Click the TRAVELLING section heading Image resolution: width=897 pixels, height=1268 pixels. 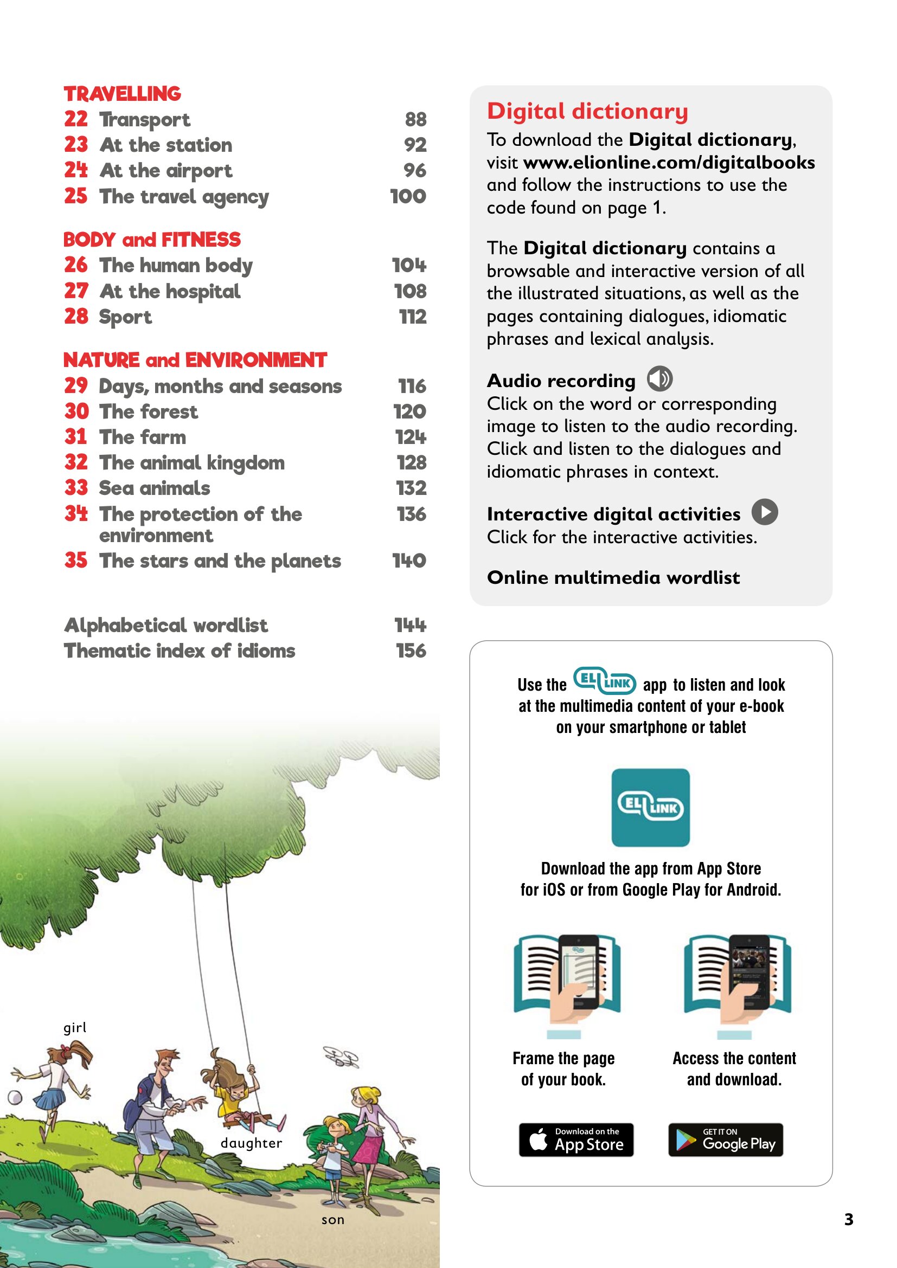click(122, 94)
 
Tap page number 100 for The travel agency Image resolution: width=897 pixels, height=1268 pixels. click(408, 196)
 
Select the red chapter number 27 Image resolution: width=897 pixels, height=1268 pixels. click(76, 291)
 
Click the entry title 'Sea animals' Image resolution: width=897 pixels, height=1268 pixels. click(155, 488)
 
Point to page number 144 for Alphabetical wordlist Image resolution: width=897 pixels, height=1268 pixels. click(410, 625)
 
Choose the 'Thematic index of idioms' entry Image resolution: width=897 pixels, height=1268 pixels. click(180, 651)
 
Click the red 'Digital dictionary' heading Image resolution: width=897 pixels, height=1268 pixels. click(588, 111)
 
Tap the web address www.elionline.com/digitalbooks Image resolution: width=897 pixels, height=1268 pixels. click(669, 163)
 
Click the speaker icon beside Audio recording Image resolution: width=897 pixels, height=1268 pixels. click(659, 379)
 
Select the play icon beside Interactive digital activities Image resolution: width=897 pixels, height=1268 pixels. click(765, 511)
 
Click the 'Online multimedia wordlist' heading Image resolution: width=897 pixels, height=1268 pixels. click(613, 578)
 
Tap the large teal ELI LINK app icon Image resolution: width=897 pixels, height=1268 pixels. click(651, 807)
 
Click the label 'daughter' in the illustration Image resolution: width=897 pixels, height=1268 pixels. click(251, 1143)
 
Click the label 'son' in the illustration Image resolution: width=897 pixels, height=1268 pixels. click(333, 1220)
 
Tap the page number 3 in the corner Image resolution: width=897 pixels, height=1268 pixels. click(849, 1219)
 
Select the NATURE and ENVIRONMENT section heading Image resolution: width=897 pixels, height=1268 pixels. click(195, 360)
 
